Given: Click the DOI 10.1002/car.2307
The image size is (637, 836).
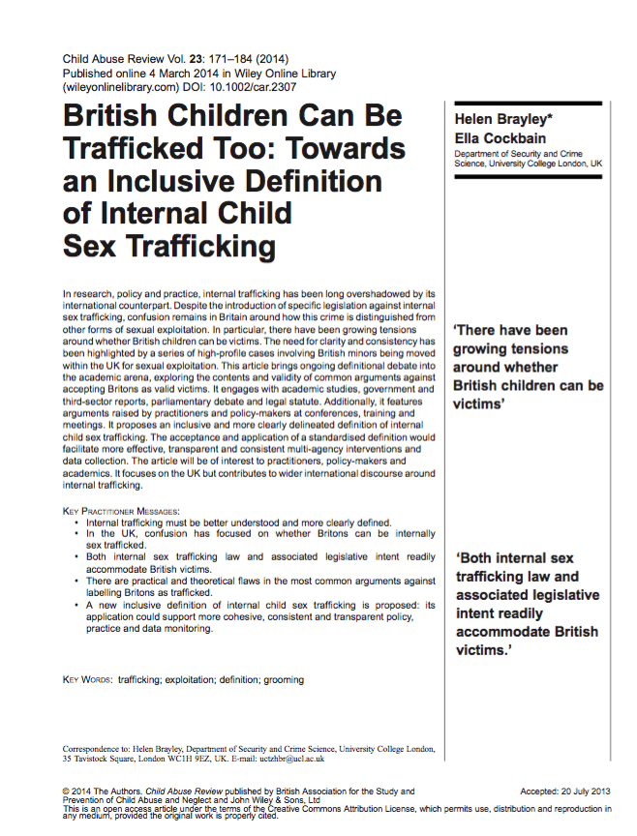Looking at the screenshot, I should coord(239,86).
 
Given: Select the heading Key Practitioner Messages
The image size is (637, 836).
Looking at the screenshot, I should coord(121,510).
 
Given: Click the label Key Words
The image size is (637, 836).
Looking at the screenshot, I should coord(86,680).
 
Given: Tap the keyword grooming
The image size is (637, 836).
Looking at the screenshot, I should coord(282,680).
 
